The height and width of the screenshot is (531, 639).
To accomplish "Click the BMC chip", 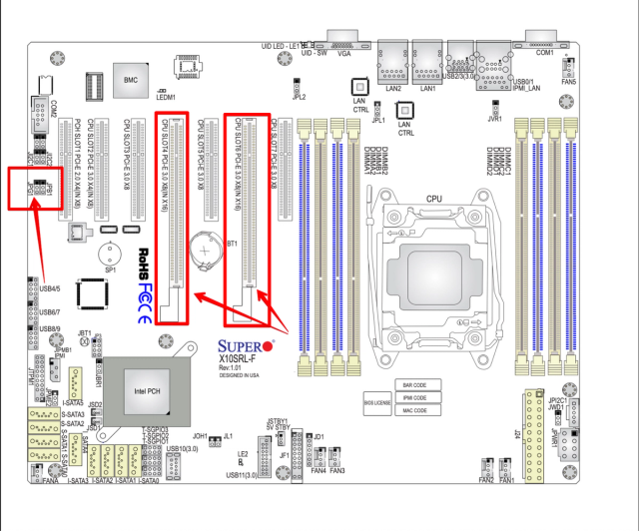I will (130, 80).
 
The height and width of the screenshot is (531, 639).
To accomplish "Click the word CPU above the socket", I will (434, 200).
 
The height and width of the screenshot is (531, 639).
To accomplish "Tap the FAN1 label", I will (506, 480).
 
